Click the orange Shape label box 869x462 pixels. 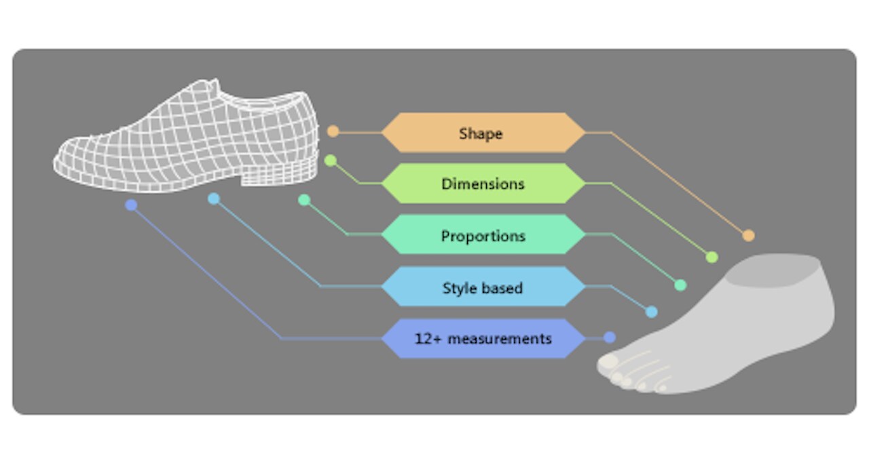tap(483, 133)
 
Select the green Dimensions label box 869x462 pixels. tap(483, 183)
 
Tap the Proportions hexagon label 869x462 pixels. tap(483, 236)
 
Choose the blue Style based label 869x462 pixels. tap(483, 287)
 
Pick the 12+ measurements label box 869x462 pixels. tap(483, 338)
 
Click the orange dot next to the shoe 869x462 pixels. tap(333, 131)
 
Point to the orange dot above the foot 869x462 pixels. tap(748, 236)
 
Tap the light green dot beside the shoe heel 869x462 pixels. tap(331, 161)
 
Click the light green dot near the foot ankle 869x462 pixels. tap(711, 257)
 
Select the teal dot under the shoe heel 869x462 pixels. tap(304, 200)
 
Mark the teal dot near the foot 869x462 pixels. tap(680, 285)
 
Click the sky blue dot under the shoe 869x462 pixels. tap(214, 198)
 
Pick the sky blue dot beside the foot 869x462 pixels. tap(651, 312)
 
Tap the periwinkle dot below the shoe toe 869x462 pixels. tap(131, 205)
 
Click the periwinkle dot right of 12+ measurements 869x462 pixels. tap(610, 337)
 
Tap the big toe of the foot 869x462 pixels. tap(607, 363)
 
